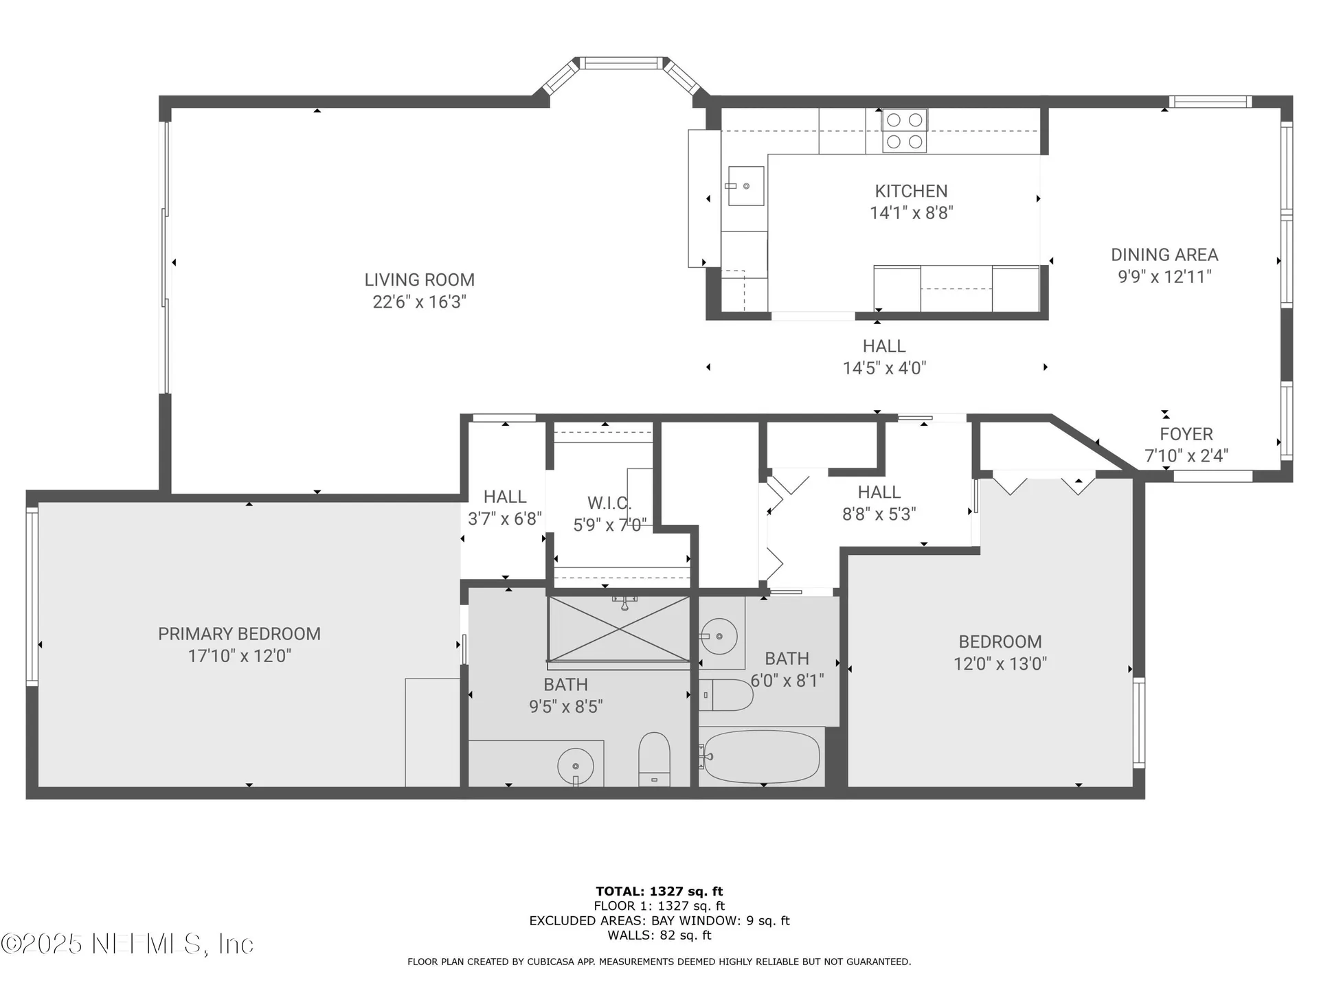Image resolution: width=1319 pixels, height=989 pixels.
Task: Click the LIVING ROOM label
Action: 419,280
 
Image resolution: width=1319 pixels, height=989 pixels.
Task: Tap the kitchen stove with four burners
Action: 904,130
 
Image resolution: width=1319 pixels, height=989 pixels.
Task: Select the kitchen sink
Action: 745,186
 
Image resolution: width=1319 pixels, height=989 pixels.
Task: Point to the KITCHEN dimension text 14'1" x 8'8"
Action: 912,213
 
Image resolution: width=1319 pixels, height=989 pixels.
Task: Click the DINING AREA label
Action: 1164,255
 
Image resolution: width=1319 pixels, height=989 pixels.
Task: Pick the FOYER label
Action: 1186,434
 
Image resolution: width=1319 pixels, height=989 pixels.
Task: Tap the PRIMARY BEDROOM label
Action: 239,634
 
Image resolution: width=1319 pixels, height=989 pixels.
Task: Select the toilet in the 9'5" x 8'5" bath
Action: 654,759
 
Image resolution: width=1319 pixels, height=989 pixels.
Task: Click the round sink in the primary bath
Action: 576,766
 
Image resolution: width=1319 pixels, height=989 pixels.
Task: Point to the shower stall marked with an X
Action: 619,629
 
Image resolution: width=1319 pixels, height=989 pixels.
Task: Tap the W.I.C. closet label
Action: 609,503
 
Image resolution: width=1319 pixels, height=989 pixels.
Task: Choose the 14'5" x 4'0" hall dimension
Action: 884,368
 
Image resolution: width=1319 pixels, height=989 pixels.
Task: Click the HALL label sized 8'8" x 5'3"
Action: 879,492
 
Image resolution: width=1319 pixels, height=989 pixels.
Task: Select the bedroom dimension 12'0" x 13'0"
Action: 1000,663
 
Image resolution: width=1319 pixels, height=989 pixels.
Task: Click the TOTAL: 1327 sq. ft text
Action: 659,891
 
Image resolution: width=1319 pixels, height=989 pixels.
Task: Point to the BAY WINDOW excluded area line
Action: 659,921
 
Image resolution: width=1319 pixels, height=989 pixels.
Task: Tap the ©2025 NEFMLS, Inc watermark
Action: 128,944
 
